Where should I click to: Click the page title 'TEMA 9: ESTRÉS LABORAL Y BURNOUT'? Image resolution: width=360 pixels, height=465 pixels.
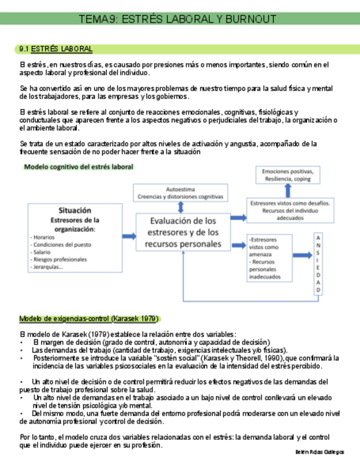click(x=177, y=20)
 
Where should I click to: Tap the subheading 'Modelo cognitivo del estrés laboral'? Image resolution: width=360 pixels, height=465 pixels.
click(x=78, y=167)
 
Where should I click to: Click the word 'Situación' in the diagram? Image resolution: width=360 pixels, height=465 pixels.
click(x=75, y=210)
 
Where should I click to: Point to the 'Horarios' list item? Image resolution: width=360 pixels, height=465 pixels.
click(x=44, y=237)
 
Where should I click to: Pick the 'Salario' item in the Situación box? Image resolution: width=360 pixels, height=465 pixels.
click(x=41, y=252)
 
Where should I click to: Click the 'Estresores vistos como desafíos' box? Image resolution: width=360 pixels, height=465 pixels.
click(x=290, y=209)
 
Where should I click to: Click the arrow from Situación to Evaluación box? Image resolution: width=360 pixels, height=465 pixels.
click(x=129, y=236)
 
